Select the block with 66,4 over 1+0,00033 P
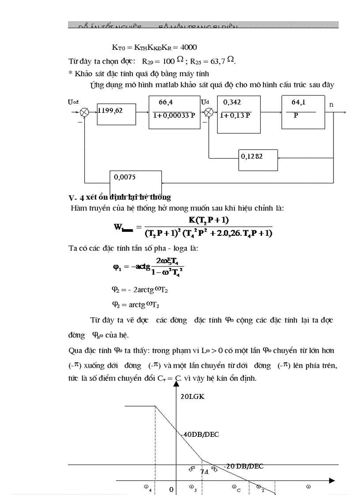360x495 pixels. (175, 112)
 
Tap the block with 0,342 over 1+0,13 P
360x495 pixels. (238, 112)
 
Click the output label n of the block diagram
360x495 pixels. (331, 104)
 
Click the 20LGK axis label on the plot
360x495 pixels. (193, 396)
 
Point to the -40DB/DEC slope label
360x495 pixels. (200, 434)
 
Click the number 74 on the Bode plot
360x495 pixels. (204, 471)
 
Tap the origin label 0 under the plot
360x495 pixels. (172, 489)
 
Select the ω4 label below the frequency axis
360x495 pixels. (147, 488)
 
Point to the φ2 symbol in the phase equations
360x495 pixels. (115, 290)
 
